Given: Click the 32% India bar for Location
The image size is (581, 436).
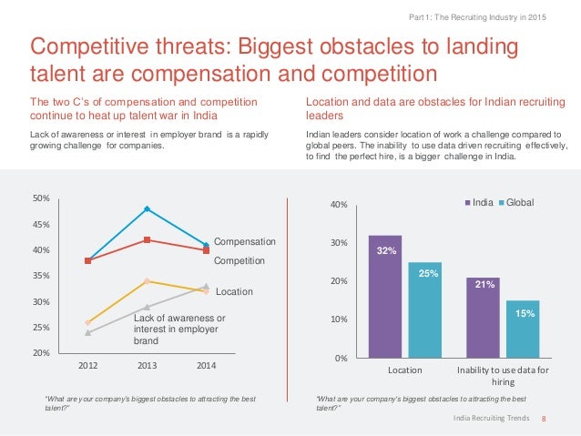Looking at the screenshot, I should point(385,297).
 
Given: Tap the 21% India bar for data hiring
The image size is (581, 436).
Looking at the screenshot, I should point(483,318).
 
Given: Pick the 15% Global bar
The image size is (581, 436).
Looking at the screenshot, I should point(523,329).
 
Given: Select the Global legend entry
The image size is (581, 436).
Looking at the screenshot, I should point(515,202).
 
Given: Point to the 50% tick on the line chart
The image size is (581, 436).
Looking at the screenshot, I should point(43,198).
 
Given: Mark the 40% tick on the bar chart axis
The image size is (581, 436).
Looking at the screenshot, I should point(338,206).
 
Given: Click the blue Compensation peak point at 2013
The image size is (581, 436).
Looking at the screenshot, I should point(147,209).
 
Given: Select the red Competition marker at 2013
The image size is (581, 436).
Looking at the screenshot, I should point(147,240).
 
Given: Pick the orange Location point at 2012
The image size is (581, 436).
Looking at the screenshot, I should point(87,322).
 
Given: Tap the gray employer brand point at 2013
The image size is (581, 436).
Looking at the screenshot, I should point(147,307).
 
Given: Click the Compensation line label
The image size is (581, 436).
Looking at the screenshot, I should point(244,242).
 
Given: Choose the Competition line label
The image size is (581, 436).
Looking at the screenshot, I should point(240,260).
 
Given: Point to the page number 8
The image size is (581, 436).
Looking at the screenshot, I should point(544,418).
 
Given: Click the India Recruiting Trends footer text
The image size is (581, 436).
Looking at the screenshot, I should point(493,418).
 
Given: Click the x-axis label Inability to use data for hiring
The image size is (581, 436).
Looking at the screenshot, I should point(503,377).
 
